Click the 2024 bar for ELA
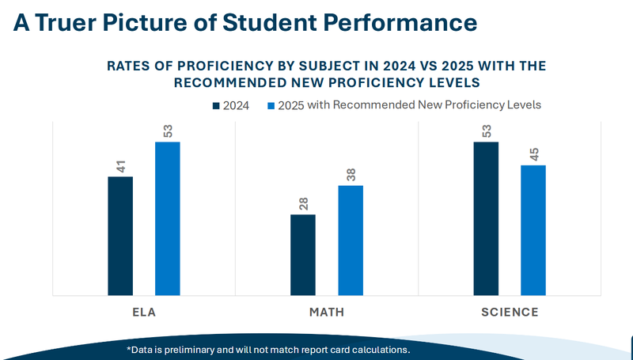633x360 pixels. (x=120, y=236)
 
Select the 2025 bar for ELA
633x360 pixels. (x=167, y=218)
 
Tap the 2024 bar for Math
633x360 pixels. (x=302, y=255)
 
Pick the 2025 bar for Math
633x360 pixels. (x=350, y=241)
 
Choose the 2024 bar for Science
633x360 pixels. (x=486, y=218)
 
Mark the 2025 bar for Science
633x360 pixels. (x=533, y=230)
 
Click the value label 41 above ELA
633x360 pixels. (x=120, y=167)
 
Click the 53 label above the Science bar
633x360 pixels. (x=486, y=131)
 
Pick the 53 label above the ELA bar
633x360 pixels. (x=167, y=131)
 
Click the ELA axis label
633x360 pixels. (x=144, y=312)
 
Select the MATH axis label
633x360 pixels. (x=326, y=312)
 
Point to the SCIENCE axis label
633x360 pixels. (x=510, y=312)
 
